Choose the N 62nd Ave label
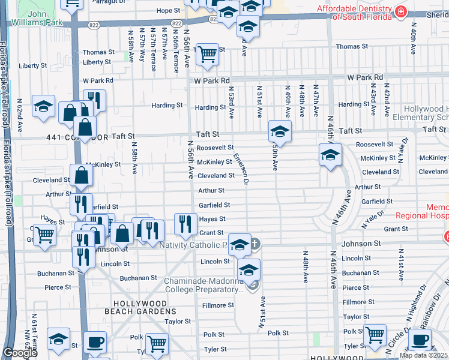click(x=20, y=116)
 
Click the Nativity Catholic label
click(x=193, y=245)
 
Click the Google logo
click(x=20, y=353)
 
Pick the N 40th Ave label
click(x=414, y=37)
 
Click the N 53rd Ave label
click(x=231, y=102)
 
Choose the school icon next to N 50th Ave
click(x=280, y=131)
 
